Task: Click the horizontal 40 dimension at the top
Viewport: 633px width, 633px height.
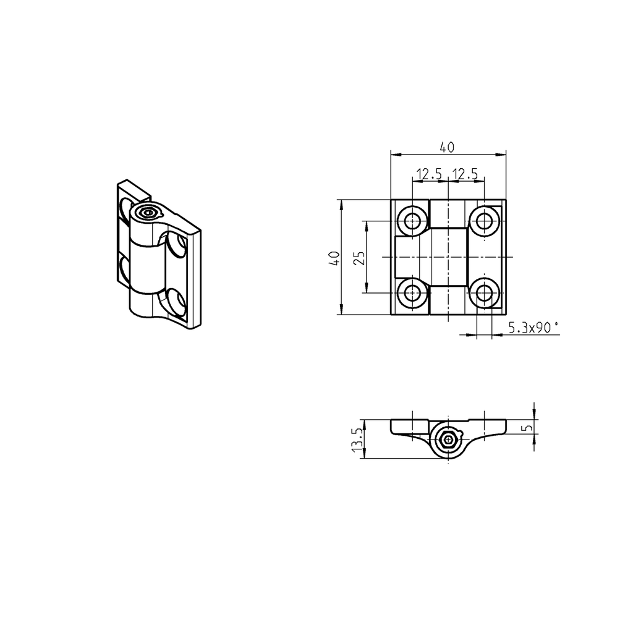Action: [x=447, y=147]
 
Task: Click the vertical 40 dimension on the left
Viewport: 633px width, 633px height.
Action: [x=334, y=257]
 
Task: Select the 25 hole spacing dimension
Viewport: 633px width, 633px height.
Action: [x=359, y=257]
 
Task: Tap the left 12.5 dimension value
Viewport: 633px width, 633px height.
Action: [x=428, y=174]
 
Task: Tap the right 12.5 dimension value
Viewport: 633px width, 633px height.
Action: [x=465, y=174]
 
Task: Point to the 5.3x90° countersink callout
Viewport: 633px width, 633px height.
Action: [x=532, y=328]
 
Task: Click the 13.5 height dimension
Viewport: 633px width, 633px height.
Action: [x=356, y=440]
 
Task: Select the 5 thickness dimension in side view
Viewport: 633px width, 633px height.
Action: [x=526, y=427]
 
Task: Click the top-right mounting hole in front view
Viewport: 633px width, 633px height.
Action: [x=484, y=219]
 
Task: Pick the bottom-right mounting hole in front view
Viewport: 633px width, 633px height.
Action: [x=484, y=293]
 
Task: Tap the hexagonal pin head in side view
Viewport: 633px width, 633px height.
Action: [x=448, y=440]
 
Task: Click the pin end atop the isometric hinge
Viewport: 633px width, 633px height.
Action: [x=147, y=213]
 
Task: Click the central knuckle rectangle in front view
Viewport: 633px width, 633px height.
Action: [x=448, y=257]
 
